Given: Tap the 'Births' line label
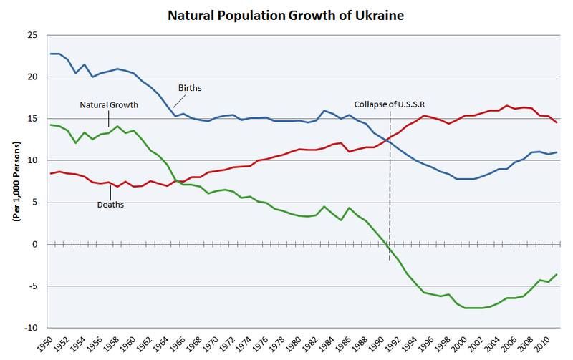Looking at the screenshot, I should point(191,88).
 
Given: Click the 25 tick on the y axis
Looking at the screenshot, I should point(32,35).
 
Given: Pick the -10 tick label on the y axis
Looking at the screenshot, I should point(31,328).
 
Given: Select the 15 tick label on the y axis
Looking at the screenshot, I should point(32,119).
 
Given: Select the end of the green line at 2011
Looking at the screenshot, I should point(555,275).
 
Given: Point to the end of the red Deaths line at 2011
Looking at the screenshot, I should point(555,122).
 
